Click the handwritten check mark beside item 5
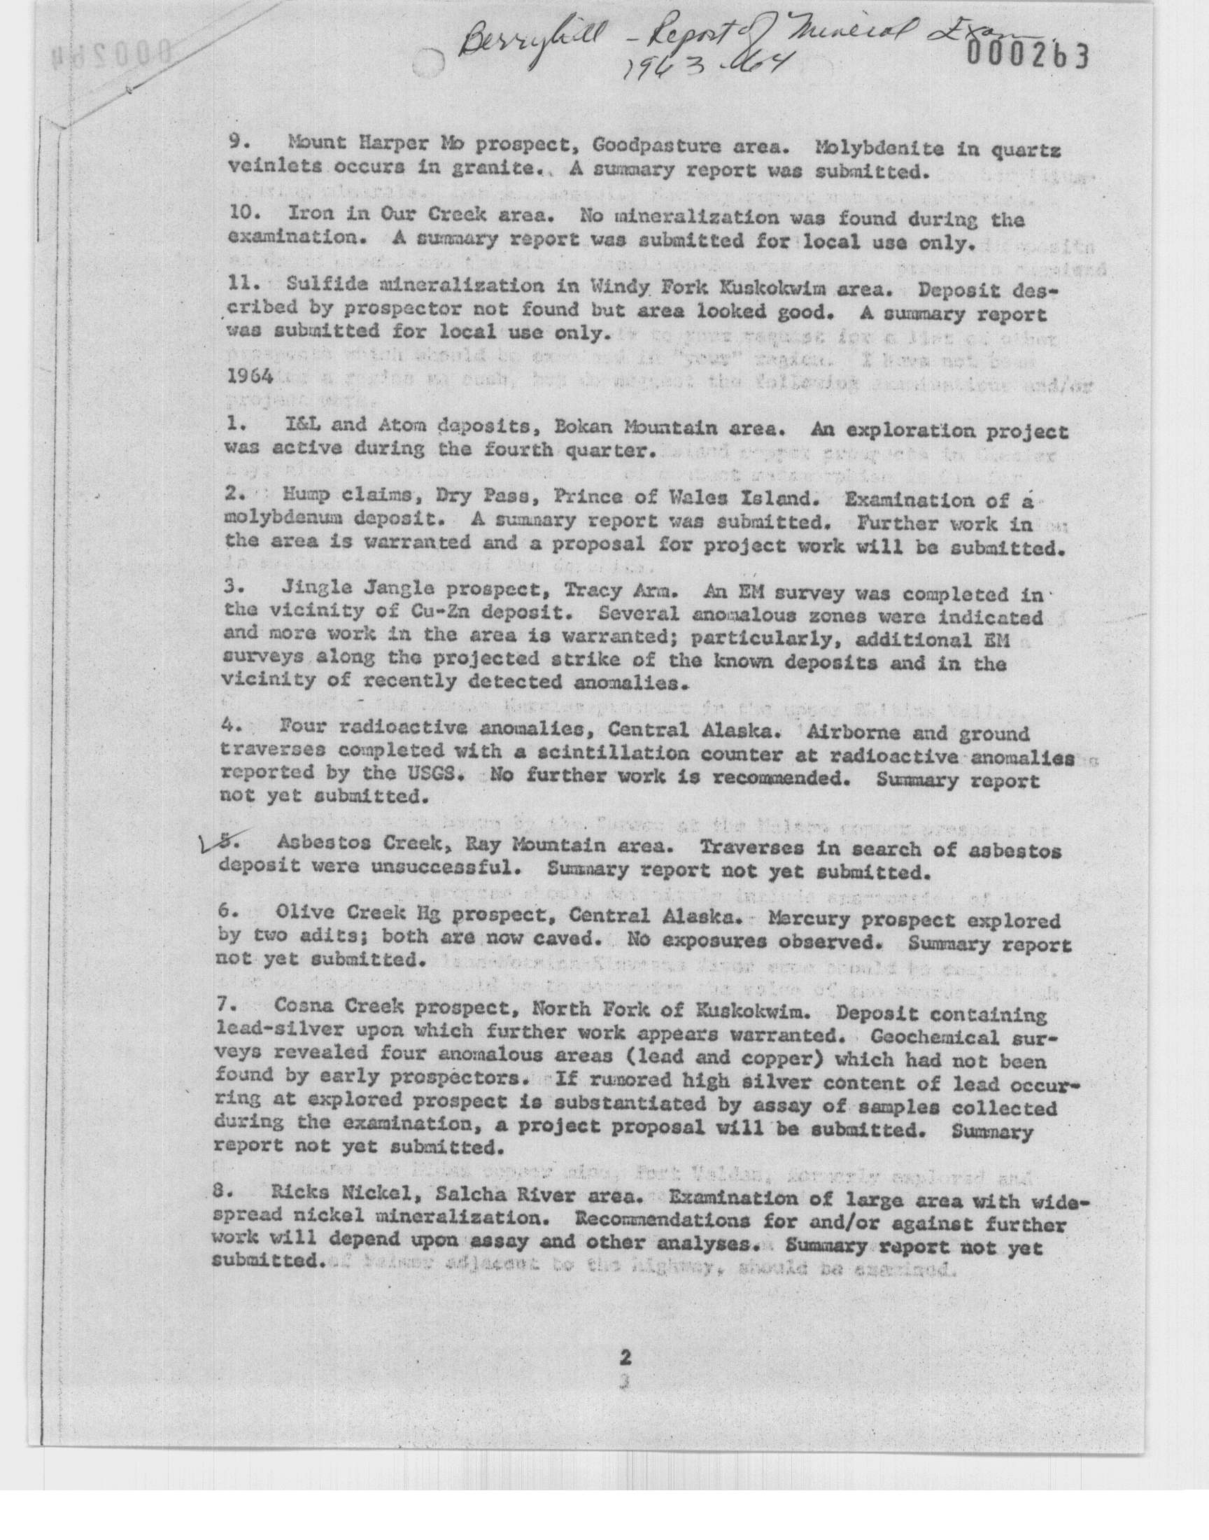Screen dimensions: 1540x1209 tap(210, 843)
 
